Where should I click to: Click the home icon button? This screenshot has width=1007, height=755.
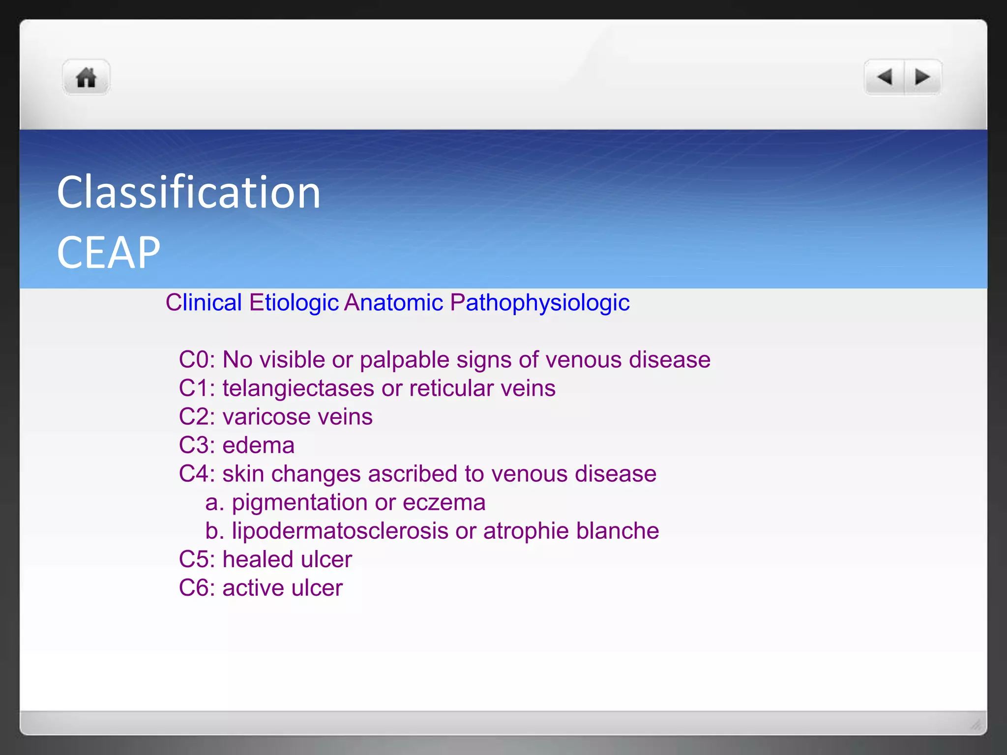86,77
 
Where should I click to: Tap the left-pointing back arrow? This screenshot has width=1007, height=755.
885,77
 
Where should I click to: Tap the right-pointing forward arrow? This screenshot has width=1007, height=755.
922,77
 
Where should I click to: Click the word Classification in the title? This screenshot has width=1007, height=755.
189,193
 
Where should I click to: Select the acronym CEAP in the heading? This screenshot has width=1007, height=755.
108,253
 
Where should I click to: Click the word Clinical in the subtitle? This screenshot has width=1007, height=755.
204,302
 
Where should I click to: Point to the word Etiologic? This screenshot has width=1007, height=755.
294,302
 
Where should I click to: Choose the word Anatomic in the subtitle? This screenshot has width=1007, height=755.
393,302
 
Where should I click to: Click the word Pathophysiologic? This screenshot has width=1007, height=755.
539,302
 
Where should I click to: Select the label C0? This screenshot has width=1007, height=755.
197,360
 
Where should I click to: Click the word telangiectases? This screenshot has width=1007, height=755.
298,388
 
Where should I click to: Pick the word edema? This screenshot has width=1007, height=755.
258,445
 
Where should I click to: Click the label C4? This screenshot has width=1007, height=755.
197,474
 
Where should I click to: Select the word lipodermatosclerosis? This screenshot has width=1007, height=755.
340,531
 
